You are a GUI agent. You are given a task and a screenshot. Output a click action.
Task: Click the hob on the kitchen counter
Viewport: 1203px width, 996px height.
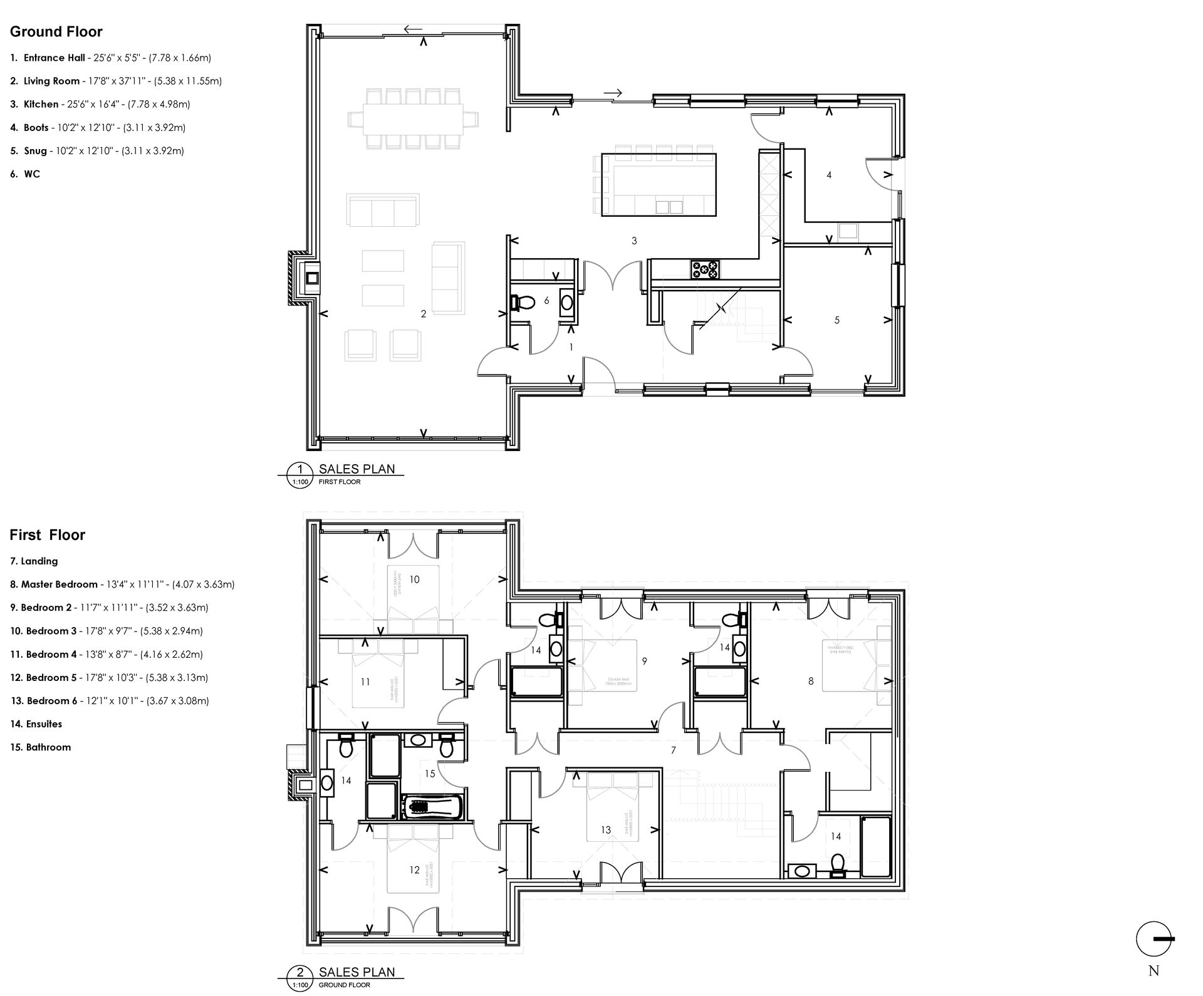point(705,270)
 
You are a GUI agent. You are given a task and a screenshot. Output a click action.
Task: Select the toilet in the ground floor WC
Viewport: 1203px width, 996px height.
point(523,303)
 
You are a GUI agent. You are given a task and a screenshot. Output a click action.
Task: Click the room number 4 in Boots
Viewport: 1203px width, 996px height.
point(829,175)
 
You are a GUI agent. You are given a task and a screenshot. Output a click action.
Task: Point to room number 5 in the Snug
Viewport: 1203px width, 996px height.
point(836,320)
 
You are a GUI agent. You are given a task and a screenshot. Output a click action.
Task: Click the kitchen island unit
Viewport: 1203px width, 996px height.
point(659,185)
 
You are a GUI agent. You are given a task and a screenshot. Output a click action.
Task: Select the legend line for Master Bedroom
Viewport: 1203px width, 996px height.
point(122,584)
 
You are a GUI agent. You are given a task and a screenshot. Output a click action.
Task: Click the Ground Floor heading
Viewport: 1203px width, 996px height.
point(56,32)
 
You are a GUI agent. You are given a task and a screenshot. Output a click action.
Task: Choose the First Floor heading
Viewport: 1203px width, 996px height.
point(47,535)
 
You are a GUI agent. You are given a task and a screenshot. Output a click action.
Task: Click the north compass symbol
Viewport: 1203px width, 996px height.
point(1154,939)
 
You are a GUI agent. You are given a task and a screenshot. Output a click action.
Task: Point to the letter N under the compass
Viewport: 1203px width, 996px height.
point(1154,972)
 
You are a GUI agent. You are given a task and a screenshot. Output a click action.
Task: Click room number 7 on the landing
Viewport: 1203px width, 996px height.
point(674,750)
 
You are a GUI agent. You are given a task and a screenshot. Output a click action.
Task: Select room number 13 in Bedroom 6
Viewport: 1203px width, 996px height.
point(605,830)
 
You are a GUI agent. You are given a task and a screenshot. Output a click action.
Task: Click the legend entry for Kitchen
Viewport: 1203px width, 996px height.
point(100,105)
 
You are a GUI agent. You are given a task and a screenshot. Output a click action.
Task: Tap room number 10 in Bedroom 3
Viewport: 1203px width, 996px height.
point(414,579)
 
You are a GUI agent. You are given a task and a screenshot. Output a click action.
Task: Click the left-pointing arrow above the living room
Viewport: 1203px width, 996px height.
point(412,29)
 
